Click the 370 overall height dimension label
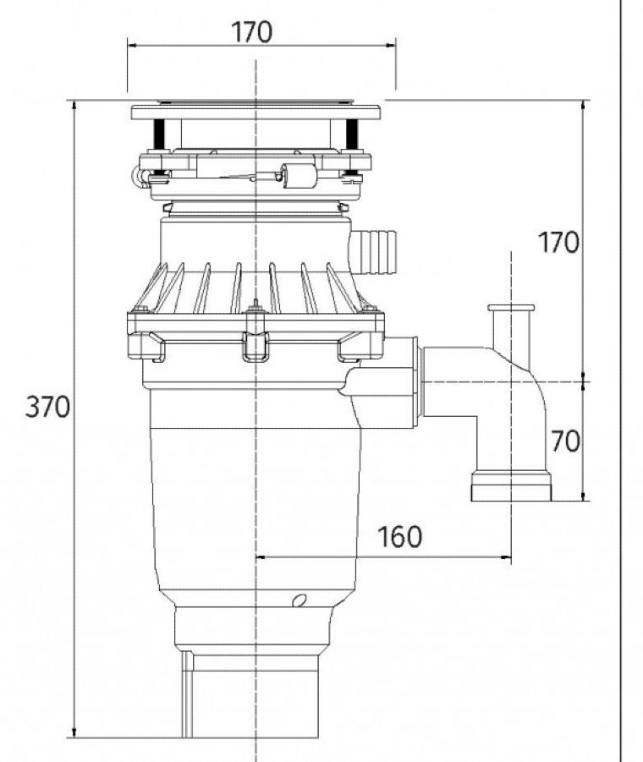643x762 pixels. [47, 406]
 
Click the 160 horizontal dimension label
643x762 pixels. [399, 536]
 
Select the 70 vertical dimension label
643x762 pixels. [565, 441]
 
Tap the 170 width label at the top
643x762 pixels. [251, 32]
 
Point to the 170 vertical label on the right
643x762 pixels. [559, 242]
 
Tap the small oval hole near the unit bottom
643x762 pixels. [300, 600]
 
